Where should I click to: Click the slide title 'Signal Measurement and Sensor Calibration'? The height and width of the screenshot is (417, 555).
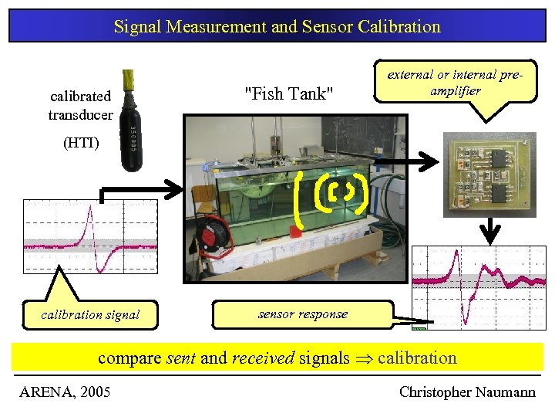[x=277, y=26]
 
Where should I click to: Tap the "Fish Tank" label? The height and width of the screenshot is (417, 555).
[x=288, y=94]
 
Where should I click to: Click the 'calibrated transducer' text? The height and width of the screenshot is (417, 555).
[x=81, y=105]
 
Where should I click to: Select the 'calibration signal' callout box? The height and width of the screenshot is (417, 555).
[x=90, y=314]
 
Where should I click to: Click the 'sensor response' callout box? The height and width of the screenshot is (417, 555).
[x=302, y=314]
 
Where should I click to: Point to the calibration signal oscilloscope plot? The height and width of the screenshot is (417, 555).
[x=90, y=236]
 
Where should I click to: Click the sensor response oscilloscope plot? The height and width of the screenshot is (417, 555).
[x=479, y=286]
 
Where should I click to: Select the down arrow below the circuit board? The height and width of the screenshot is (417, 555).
[x=490, y=230]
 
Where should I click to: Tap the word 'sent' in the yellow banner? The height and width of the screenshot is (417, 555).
[x=182, y=358]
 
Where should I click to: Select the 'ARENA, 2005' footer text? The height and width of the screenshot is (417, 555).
[x=65, y=392]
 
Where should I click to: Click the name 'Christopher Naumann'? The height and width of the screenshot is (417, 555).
[x=467, y=392]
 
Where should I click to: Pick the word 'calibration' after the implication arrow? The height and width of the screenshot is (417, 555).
[x=417, y=358]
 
